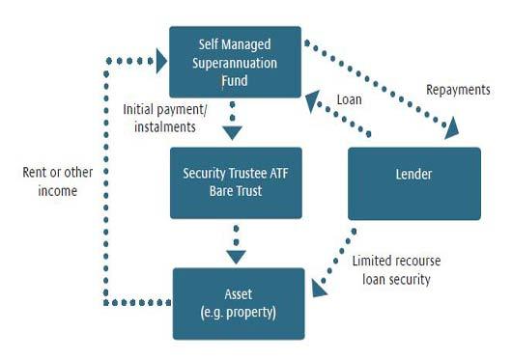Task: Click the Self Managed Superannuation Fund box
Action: [236, 60]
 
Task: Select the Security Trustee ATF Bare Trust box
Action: [236, 183]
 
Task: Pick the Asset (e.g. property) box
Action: [239, 303]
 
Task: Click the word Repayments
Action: [458, 90]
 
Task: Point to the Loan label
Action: [349, 99]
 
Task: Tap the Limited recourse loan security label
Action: [391, 270]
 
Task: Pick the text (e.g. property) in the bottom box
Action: [239, 313]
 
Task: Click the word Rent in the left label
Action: [34, 174]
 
